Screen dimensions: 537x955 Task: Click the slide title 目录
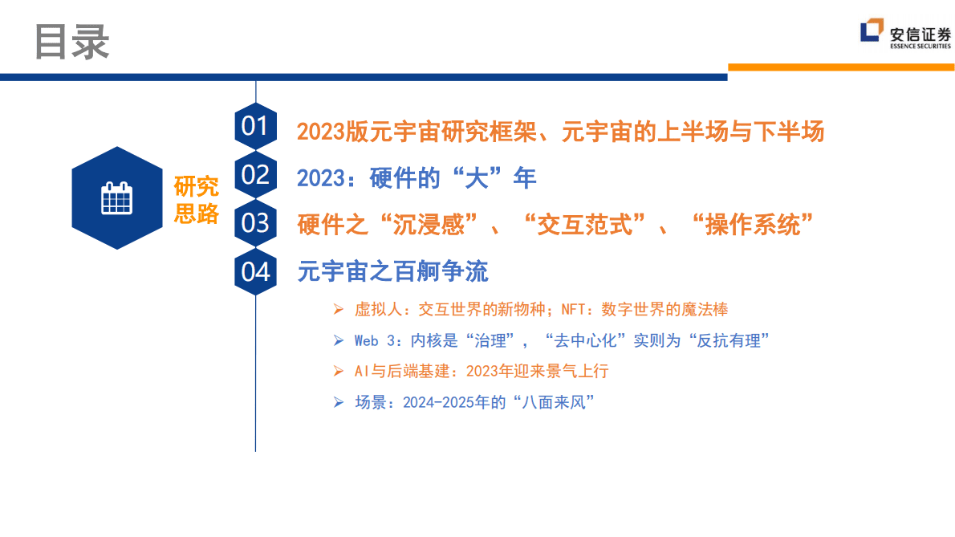(x=72, y=41)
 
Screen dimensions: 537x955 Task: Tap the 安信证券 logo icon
(x=872, y=32)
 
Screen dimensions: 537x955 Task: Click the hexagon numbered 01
(x=255, y=127)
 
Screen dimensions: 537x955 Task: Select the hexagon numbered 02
(x=255, y=175)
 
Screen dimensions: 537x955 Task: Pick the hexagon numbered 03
(x=255, y=223)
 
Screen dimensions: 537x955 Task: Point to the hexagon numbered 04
(x=255, y=271)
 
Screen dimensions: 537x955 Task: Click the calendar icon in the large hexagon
(x=117, y=197)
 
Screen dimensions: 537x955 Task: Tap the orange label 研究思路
(x=197, y=200)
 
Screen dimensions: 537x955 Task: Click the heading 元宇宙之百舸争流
(x=392, y=271)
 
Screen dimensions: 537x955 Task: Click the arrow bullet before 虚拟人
(x=339, y=309)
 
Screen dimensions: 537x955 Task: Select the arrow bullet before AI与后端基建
(x=339, y=371)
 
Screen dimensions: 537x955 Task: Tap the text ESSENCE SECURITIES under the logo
(x=920, y=47)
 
